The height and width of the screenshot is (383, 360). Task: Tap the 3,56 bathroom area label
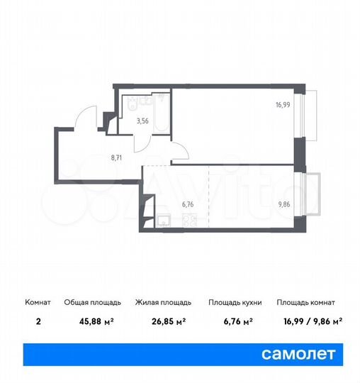pyautogui.click(x=143, y=121)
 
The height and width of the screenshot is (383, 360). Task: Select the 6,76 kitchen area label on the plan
pyautogui.click(x=188, y=204)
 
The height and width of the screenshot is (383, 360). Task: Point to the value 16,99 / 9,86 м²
pyautogui.click(x=309, y=321)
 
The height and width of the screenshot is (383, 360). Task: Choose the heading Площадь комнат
pyautogui.click(x=305, y=302)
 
